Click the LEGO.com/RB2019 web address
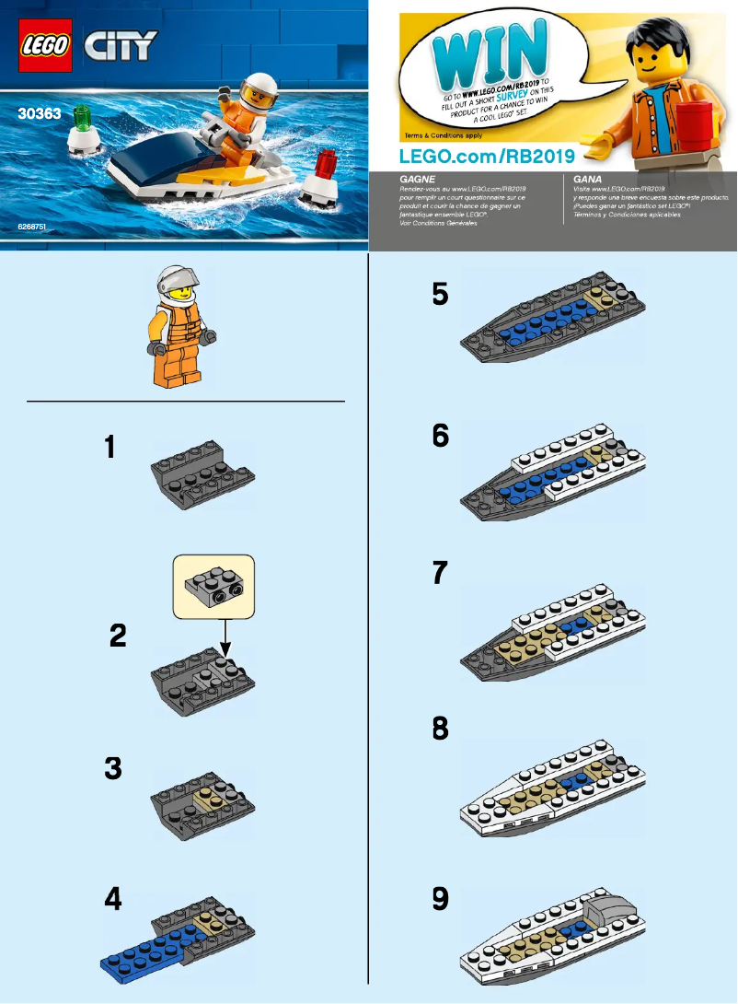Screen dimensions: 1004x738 486,153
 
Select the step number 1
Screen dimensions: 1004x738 110,449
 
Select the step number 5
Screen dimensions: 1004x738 440,295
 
